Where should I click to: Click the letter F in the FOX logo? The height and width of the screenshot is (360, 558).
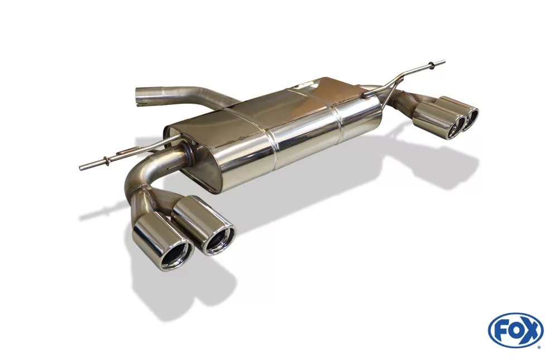point(502,331)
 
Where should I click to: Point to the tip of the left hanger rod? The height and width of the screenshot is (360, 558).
point(80,167)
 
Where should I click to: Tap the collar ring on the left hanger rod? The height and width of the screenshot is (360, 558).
point(103,161)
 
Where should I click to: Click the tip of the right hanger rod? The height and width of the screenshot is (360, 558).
point(444,61)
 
